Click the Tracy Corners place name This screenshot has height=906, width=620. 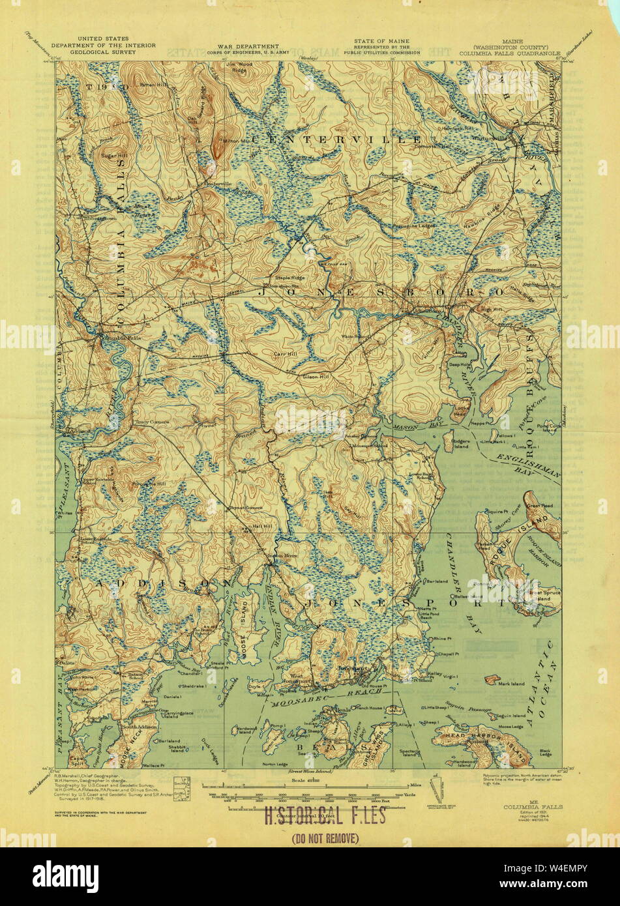[153, 422]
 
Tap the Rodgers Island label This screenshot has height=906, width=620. [461, 444]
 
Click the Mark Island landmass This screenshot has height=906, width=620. [494, 679]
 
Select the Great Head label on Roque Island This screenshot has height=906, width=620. [540, 504]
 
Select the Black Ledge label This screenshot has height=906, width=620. [546, 753]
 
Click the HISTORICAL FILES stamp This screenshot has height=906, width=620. [324, 815]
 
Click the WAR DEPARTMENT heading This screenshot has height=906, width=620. [237, 47]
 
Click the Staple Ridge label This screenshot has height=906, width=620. [289, 278]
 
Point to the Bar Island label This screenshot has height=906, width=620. [437, 581]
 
